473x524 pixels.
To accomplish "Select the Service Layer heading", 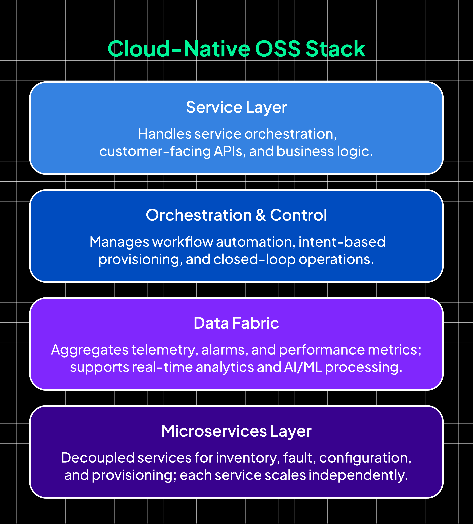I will (x=236, y=107).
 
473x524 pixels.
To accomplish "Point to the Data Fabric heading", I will (x=236, y=323).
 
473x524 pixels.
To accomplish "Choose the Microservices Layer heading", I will (x=236, y=431).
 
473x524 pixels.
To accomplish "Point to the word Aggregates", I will (x=90, y=350).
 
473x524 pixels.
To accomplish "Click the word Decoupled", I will (x=98, y=458).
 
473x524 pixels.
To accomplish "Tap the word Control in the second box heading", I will (x=298, y=215).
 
